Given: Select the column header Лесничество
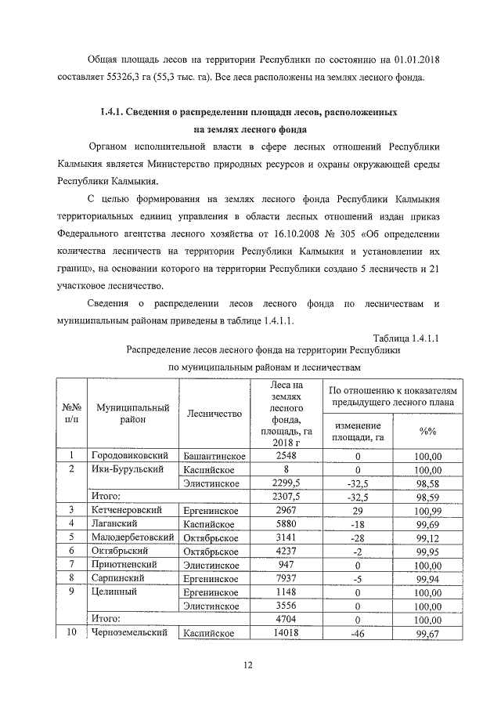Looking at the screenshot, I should click(x=214, y=414).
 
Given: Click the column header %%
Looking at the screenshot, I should click(x=427, y=431).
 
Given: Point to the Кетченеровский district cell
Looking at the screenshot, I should click(x=132, y=510).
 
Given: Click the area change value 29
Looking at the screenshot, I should click(x=357, y=510).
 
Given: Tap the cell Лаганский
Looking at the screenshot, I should click(x=115, y=523).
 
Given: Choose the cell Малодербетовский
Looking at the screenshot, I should click(x=134, y=537).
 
